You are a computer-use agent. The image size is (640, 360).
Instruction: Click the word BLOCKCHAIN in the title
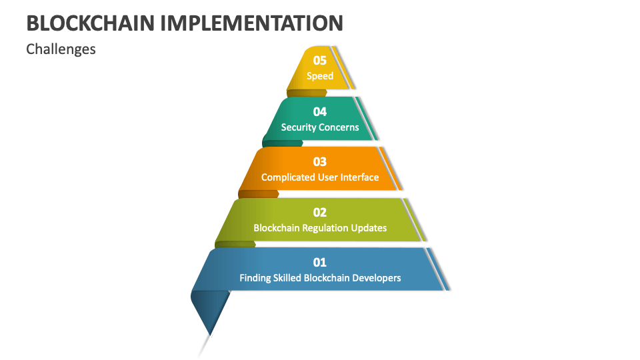[91, 23]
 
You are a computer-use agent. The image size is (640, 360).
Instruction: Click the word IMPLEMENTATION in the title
[252, 23]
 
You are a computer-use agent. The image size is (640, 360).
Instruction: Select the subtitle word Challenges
[61, 49]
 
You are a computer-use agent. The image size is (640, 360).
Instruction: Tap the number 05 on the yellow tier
[320, 61]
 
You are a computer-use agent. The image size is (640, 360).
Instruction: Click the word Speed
[320, 76]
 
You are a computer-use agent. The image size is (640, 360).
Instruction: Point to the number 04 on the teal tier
[320, 111]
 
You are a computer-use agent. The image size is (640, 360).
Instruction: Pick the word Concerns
[339, 127]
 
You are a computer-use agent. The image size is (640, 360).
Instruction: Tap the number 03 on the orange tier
[320, 161]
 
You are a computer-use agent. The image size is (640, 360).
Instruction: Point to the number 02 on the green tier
[320, 212]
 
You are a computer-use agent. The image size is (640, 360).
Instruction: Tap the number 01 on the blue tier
[320, 262]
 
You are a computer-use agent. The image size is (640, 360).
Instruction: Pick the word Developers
[377, 278]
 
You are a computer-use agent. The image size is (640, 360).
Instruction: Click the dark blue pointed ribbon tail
[209, 310]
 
